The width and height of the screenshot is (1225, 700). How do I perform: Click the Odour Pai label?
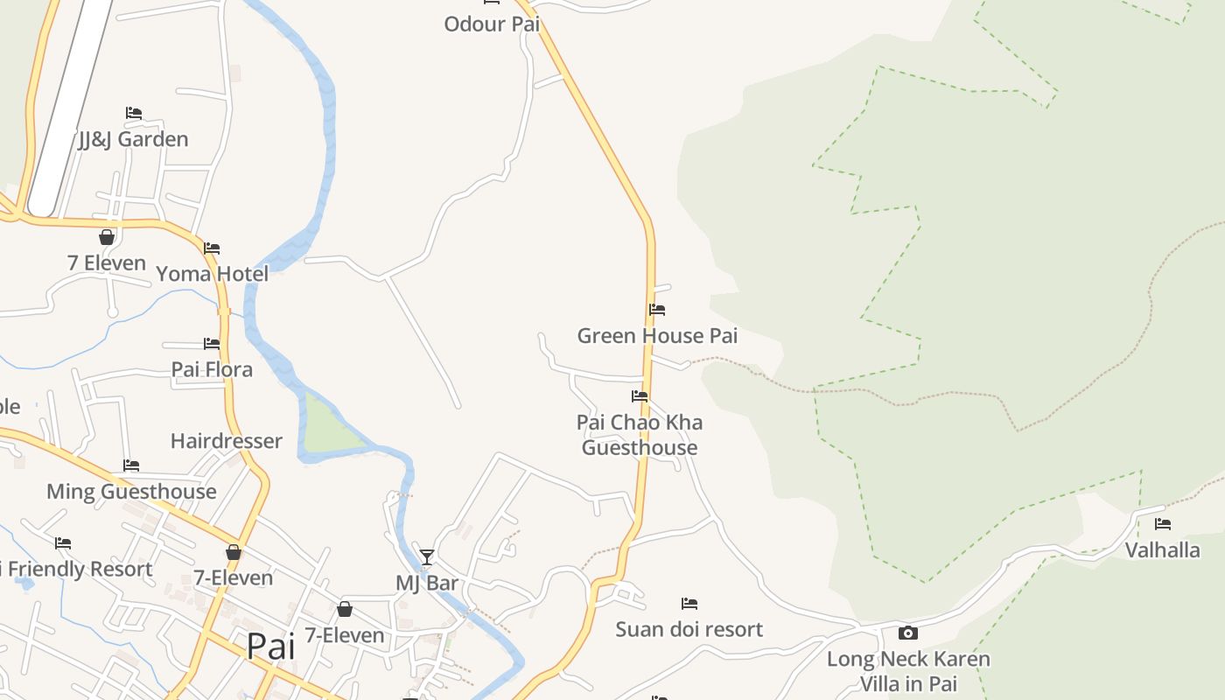tap(492, 24)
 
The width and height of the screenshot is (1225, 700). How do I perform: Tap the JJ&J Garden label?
tap(133, 139)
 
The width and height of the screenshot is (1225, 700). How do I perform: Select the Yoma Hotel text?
tap(212, 274)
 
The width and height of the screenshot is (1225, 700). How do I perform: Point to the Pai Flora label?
tap(212, 369)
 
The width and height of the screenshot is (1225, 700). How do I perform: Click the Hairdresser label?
tap(226, 441)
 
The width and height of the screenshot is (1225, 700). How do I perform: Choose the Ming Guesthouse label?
tap(131, 491)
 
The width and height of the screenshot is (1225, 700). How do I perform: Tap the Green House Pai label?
tap(657, 336)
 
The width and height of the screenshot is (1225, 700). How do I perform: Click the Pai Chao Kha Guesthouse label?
tap(640, 435)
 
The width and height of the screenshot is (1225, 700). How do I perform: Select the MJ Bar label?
tap(427, 583)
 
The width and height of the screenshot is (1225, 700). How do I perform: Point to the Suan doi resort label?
tap(689, 629)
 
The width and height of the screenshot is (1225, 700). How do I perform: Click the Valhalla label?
tap(1162, 550)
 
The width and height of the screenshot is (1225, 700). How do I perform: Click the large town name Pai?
tap(270, 647)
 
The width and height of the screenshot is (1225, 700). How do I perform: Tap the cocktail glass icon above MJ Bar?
tap(427, 557)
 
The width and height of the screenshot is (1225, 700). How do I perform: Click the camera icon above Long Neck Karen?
tap(908, 633)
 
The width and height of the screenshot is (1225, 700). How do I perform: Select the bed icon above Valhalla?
tap(1162, 524)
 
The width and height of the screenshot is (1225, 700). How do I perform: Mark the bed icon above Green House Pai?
tap(657, 310)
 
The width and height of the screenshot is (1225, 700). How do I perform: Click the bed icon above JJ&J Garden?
tap(133, 113)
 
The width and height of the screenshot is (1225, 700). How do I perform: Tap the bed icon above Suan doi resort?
tap(689, 604)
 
